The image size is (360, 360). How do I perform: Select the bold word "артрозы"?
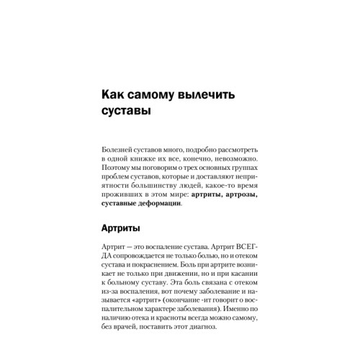pos(235,194)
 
